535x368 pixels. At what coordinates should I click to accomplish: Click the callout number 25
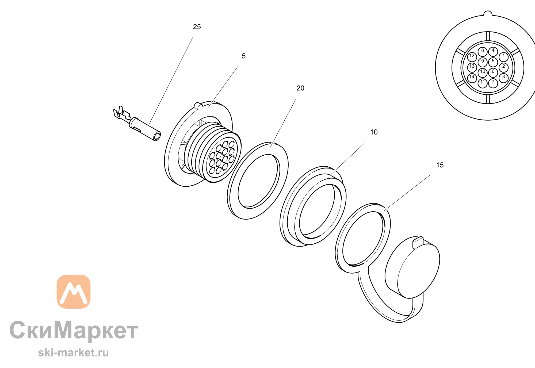tap(197, 27)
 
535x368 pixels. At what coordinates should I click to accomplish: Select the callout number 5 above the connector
tap(244, 56)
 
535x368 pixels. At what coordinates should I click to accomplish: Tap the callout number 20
tap(300, 88)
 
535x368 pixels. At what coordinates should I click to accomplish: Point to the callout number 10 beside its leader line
tap(374, 132)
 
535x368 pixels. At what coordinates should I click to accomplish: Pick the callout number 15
tap(440, 165)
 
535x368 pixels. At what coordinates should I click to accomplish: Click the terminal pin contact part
tap(137, 124)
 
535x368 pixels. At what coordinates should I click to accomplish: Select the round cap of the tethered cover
tap(412, 267)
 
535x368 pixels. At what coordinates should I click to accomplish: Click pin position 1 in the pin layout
tap(504, 57)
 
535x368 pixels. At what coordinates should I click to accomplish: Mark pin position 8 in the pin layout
tap(483, 52)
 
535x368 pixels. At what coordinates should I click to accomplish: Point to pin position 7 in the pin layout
tap(493, 83)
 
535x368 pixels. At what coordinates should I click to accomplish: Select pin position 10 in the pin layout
tap(483, 72)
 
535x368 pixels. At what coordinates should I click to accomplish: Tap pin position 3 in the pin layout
tap(504, 78)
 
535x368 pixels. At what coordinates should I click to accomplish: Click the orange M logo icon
tap(74, 292)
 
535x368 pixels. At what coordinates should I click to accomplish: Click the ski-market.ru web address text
tap(73, 353)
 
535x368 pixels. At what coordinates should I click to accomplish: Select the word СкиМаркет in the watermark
tap(74, 331)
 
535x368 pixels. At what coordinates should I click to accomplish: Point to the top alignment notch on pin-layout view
tap(488, 14)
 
